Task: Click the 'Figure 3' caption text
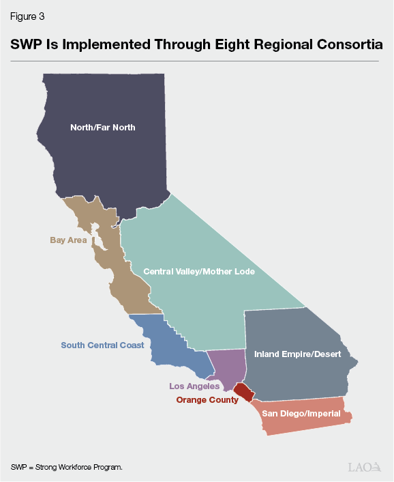click(25, 15)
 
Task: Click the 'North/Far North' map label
click(103, 128)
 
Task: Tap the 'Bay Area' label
click(68, 240)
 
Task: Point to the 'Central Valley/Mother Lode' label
click(199, 272)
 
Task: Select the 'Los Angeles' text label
click(194, 386)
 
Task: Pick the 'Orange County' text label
click(207, 400)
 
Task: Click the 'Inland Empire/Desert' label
click(297, 354)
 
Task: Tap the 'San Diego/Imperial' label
click(301, 414)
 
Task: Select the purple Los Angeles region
click(227, 365)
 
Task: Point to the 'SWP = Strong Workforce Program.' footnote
click(66, 467)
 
